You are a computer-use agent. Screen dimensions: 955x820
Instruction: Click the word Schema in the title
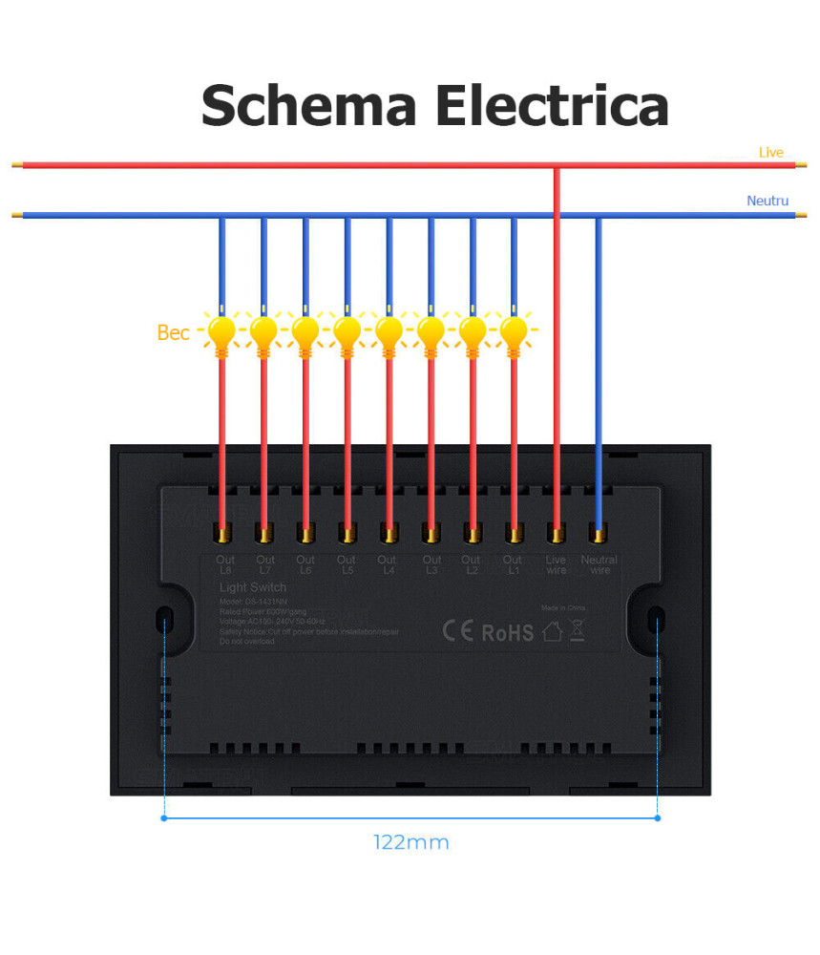pos(309,105)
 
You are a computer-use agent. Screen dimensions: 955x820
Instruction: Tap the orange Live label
pos(770,153)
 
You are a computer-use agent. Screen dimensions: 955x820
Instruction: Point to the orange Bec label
pos(173,332)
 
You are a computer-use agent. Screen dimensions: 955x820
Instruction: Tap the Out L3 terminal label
pos(431,564)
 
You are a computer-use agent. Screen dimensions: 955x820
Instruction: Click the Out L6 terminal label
pos(305,564)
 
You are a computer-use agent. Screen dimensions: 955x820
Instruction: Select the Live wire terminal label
pos(556,564)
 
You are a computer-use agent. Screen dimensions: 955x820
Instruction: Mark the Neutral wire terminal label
pos(599,564)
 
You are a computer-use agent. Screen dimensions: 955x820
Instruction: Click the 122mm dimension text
pos(410,842)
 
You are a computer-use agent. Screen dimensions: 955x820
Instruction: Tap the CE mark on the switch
pos(457,632)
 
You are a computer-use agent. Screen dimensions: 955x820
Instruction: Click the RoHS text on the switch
pos(507,632)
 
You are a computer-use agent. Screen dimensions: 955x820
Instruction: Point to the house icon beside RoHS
pos(552,631)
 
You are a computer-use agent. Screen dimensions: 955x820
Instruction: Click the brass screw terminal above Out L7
pos(263,532)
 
